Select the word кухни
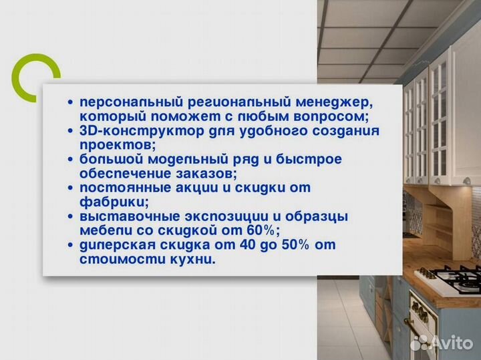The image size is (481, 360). click(194, 258)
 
